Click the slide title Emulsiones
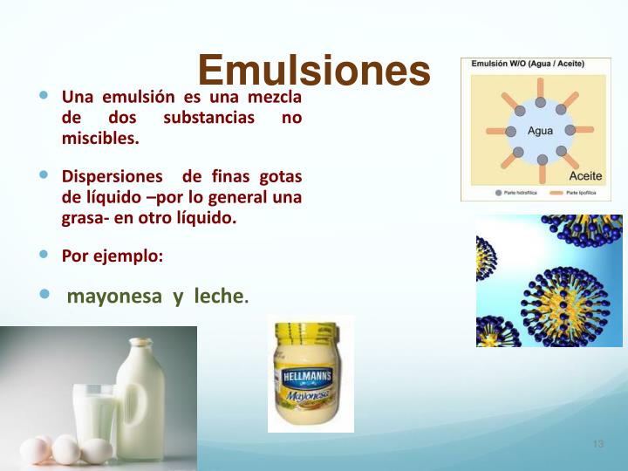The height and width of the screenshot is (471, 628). pyautogui.click(x=314, y=70)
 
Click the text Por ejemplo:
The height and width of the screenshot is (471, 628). pyautogui.click(x=112, y=256)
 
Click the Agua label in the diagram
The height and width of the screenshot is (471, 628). pyautogui.click(x=541, y=132)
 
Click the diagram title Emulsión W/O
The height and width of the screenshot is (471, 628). pyautogui.click(x=528, y=64)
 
